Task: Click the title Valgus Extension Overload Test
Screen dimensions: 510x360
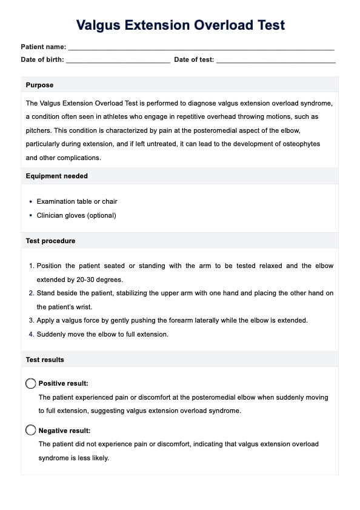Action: tap(180, 25)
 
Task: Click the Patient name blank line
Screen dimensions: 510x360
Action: tap(201, 47)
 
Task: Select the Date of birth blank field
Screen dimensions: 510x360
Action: tap(118, 60)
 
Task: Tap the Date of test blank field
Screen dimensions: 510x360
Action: tap(276, 60)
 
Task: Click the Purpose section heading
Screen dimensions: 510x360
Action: tap(39, 86)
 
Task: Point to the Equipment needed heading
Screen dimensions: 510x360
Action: tap(56, 176)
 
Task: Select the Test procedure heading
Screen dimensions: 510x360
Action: tap(50, 241)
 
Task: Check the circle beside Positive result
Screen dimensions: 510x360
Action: tap(31, 383)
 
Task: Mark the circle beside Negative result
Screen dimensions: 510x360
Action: tap(31, 430)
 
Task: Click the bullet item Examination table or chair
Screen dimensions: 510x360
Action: tap(77, 201)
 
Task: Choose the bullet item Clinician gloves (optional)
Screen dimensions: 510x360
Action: tap(76, 215)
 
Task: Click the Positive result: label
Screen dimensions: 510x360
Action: tap(63, 383)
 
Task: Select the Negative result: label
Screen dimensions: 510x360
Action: tap(64, 431)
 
